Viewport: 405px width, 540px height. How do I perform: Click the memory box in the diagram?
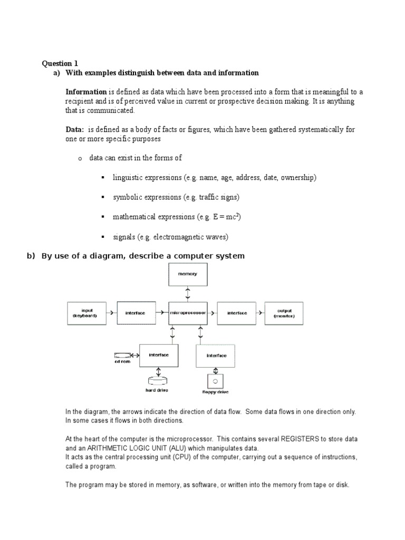point(188,274)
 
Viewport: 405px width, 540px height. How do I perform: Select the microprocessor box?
point(188,313)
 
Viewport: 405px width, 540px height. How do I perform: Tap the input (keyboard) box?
point(86,313)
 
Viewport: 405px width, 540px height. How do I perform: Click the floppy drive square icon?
point(215,380)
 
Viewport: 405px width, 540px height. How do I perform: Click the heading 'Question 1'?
point(60,64)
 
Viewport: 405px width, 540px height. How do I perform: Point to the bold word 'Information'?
point(86,92)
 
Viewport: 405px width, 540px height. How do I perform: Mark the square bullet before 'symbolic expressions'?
point(102,197)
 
